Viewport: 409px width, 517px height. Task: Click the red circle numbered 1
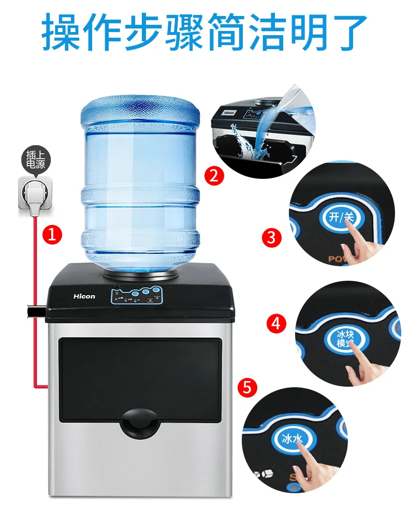[52, 235]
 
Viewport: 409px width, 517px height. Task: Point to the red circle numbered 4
[276, 324]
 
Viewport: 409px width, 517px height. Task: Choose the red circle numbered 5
[248, 388]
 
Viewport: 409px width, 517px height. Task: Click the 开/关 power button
[341, 217]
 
